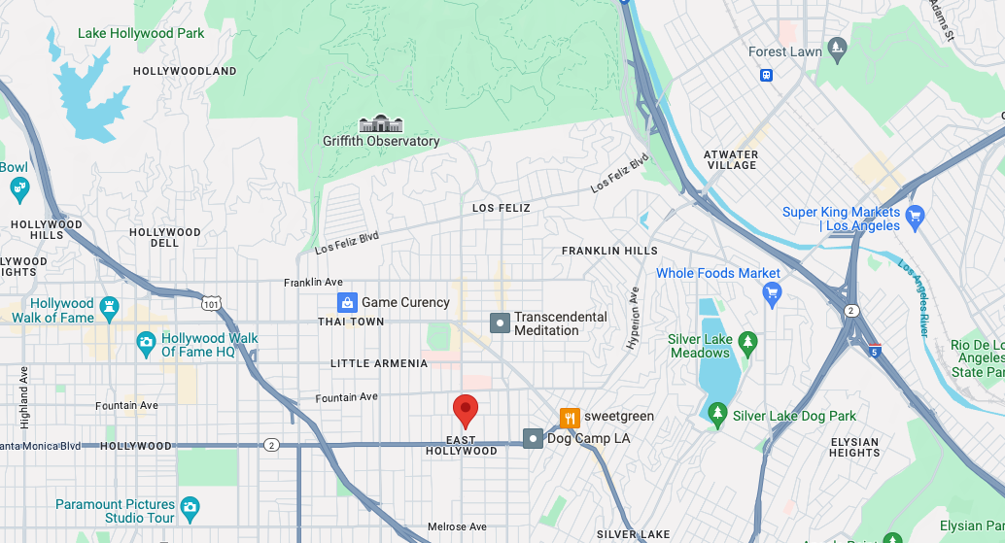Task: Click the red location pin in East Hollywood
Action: tap(466, 410)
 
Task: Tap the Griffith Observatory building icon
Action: tap(380, 123)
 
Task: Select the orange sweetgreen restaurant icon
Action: tap(570, 418)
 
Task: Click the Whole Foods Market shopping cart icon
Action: tap(773, 292)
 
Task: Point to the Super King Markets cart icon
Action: tap(914, 215)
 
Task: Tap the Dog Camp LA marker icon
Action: tap(533, 439)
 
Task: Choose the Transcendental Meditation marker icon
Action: tap(500, 322)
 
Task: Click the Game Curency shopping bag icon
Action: tap(346, 302)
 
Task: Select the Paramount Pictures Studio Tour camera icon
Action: tap(191, 506)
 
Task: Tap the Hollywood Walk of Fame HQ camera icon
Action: tap(146, 341)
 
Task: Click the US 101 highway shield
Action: tap(211, 304)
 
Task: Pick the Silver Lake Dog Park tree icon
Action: tap(717, 416)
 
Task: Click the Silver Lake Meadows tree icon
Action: tap(747, 342)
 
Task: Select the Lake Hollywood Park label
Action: tap(141, 33)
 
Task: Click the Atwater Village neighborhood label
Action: tap(731, 160)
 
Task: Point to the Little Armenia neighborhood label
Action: tap(379, 363)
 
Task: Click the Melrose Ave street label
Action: tap(457, 526)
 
